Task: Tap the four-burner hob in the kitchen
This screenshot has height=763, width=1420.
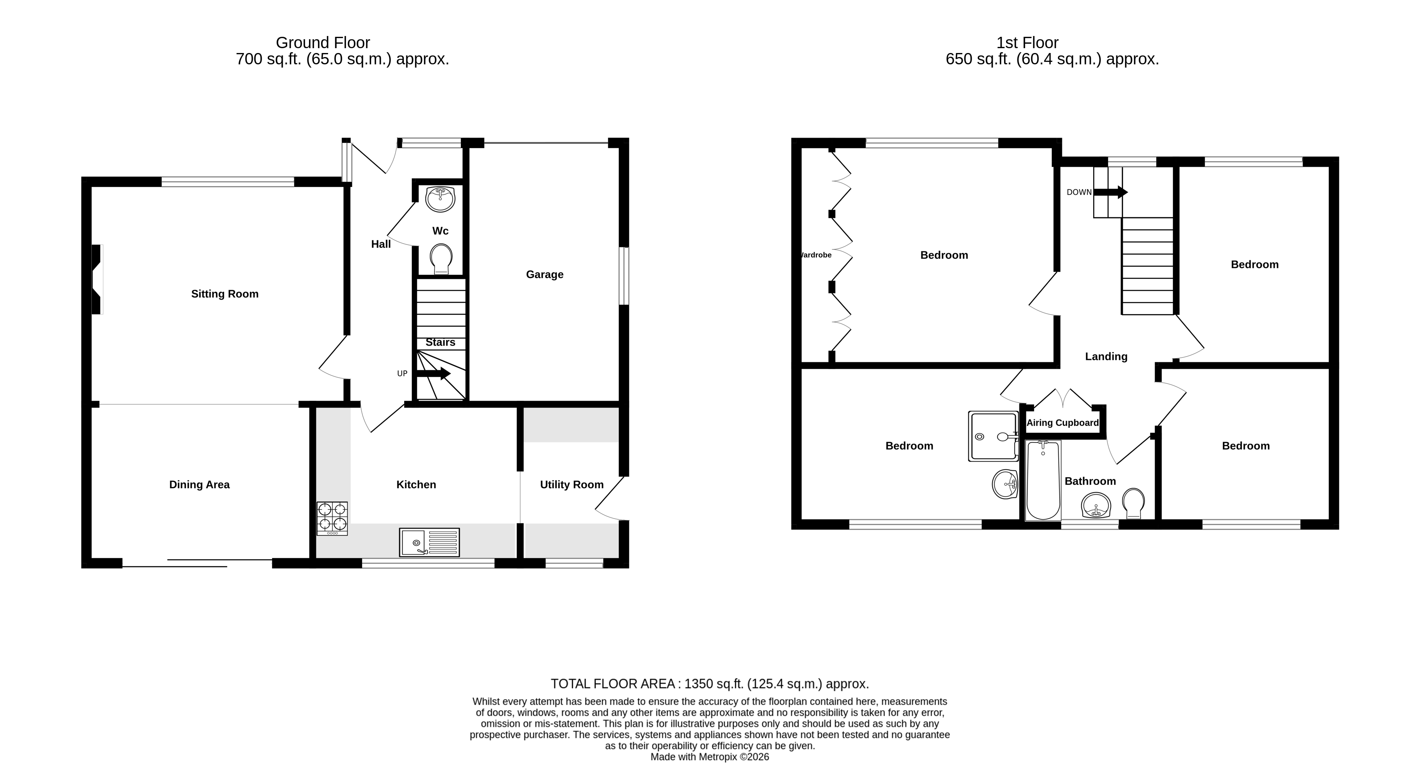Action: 332,518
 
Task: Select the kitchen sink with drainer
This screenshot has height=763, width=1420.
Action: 429,542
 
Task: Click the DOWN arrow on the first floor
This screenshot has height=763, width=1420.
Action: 1111,192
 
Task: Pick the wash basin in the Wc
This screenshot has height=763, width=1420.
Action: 440,199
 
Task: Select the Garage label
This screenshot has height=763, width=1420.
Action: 545,274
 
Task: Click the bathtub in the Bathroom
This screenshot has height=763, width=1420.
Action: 1043,480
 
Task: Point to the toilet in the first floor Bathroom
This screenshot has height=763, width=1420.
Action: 1133,502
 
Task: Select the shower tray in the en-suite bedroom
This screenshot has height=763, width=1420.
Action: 994,436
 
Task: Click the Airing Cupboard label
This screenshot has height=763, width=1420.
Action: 1062,423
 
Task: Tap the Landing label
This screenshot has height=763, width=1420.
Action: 1106,357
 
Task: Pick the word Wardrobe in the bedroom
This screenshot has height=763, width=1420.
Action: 815,255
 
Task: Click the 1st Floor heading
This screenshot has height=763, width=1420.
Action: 1027,43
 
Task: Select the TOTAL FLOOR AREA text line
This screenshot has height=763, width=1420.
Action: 710,684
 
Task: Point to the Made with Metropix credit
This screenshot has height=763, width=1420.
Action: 710,757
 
